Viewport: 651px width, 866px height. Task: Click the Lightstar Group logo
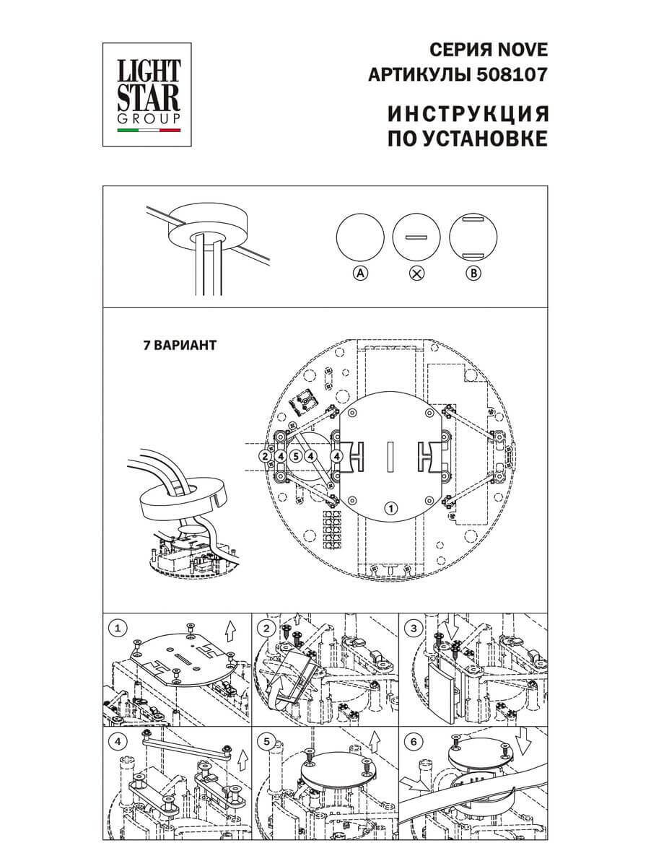[149, 94]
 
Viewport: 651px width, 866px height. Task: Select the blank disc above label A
[360, 236]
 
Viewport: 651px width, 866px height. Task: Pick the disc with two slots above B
[473, 236]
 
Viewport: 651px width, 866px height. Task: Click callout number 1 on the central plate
[390, 508]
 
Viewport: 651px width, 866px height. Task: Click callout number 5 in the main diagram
[296, 456]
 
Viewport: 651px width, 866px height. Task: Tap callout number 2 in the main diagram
[266, 456]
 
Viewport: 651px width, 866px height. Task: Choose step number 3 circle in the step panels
[413, 628]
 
